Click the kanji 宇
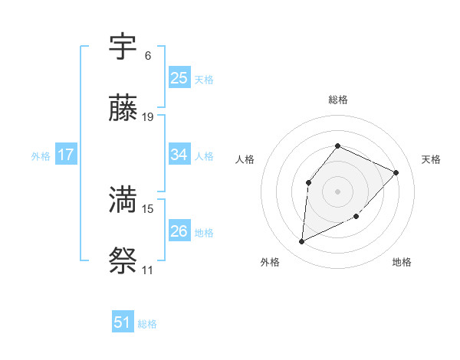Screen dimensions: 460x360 (x=123, y=47)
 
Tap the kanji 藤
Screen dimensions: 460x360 (x=123, y=110)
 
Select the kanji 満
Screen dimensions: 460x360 (x=123, y=200)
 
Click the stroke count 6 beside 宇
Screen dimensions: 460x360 (x=148, y=55)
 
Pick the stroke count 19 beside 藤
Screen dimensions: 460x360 (x=148, y=117)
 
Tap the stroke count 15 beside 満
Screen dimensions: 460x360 (x=148, y=208)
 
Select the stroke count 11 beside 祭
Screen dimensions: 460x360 (x=148, y=270)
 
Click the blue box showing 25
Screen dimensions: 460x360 (x=179, y=78)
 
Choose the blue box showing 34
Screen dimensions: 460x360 (x=179, y=155)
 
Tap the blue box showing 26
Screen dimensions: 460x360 (x=179, y=231)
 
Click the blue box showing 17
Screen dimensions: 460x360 (x=66, y=155)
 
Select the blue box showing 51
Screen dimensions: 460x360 (x=123, y=322)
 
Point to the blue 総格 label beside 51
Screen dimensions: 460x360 (x=147, y=324)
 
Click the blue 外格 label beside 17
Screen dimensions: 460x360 (x=41, y=156)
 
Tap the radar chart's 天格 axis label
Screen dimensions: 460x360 (x=431, y=159)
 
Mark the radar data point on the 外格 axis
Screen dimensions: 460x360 (x=301, y=242)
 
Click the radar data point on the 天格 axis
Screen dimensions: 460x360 (x=396, y=172)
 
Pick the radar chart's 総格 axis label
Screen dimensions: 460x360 (x=337, y=100)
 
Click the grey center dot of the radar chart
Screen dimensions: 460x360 (x=337, y=191)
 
